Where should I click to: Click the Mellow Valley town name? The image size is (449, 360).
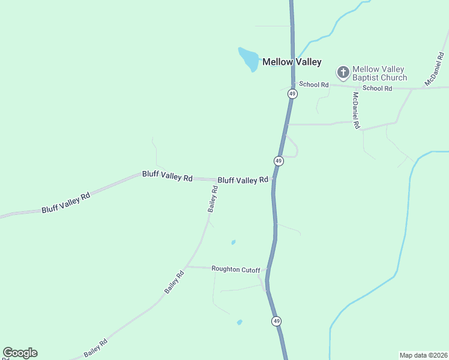[292, 62]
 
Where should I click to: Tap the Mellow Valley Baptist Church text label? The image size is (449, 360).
[379, 73]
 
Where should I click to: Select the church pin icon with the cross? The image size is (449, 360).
[343, 73]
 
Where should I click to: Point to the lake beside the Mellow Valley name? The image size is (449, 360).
[248, 59]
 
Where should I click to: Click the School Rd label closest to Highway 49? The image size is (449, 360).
[314, 85]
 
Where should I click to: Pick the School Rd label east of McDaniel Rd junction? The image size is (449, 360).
[377, 88]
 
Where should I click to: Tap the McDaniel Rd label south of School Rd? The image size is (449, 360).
[356, 110]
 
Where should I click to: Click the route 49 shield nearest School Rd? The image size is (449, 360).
[292, 94]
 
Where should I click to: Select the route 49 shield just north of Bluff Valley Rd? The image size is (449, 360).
[279, 161]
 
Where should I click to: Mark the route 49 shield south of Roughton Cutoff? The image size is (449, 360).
[276, 321]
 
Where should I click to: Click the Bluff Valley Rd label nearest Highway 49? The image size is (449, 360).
[243, 180]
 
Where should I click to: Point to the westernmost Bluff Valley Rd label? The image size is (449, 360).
[65, 203]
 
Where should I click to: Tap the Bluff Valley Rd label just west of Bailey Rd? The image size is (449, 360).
[167, 176]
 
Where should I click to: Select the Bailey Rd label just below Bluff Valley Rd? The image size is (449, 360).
[212, 199]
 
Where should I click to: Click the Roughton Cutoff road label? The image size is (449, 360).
[236, 269]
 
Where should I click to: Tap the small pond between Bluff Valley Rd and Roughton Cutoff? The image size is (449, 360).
[234, 242]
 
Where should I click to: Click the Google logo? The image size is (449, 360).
[20, 353]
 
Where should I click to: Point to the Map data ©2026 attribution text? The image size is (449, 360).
[423, 355]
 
